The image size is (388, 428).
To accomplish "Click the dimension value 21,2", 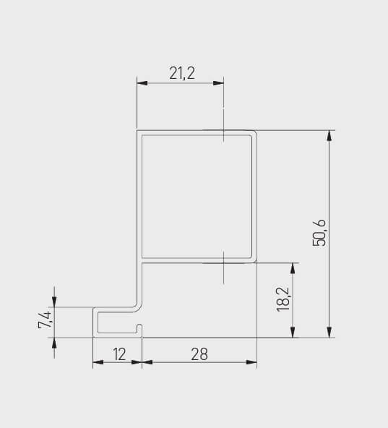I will pyautogui.click(x=182, y=72).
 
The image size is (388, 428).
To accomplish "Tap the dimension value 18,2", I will pyautogui.click(x=282, y=299).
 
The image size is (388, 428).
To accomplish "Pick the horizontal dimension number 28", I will pyautogui.click(x=199, y=354).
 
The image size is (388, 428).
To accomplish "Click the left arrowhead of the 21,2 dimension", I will pyautogui.click(x=142, y=84).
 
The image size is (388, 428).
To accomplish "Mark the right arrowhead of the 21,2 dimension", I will pyautogui.click(x=219, y=84).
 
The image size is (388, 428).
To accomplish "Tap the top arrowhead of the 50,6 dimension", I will pyautogui.click(x=329, y=136).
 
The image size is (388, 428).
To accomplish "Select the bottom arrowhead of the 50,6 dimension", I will pyautogui.click(x=329, y=332).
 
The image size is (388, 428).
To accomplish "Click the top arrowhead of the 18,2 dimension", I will pyautogui.click(x=293, y=267).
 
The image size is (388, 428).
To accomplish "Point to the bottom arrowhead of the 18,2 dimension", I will pyautogui.click(x=293, y=332).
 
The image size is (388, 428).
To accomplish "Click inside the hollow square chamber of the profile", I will pyautogui.click(x=197, y=195).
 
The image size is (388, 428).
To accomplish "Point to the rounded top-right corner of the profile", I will pyautogui.click(x=254, y=134).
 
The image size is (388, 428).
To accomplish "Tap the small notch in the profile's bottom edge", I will pyautogui.click(x=142, y=331).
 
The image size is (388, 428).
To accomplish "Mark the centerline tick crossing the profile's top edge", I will pyautogui.click(x=224, y=132).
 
